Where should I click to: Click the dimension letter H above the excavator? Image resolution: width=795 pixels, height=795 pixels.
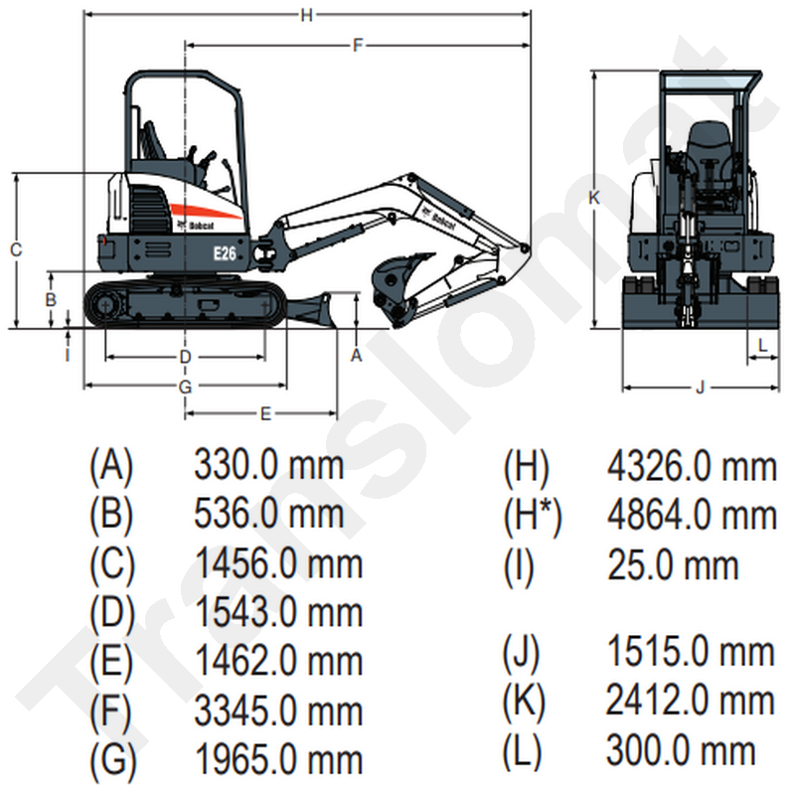pyautogui.click(x=307, y=14)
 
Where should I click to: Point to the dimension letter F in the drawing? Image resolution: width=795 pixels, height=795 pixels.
pyautogui.click(x=358, y=45)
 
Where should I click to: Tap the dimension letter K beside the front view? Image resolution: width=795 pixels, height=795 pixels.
pyautogui.click(x=593, y=198)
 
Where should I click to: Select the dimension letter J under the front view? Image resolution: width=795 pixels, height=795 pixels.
pyautogui.click(x=700, y=387)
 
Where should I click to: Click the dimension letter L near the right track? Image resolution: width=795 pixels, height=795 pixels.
pyautogui.click(x=762, y=344)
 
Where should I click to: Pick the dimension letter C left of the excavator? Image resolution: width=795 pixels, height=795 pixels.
pyautogui.click(x=16, y=250)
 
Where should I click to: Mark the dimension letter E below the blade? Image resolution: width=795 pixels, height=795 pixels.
pyautogui.click(x=265, y=413)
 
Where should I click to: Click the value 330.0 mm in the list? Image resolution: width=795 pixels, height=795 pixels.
pyautogui.click(x=268, y=464)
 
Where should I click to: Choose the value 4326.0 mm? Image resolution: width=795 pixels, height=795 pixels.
pyautogui.click(x=691, y=464)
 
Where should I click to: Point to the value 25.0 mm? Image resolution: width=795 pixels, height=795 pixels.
pyautogui.click(x=673, y=564)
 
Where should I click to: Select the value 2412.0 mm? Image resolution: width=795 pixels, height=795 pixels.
pyautogui.click(x=691, y=701)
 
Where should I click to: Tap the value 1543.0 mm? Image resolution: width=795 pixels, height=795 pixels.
pyautogui.click(x=278, y=611)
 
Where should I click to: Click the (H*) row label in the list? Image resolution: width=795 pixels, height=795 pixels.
pyautogui.click(x=533, y=515)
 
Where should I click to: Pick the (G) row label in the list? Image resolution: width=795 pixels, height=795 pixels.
pyautogui.click(x=111, y=760)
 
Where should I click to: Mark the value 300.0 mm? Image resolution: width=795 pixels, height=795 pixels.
pyautogui.click(x=681, y=749)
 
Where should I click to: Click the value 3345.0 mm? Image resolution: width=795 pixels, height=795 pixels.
pyautogui.click(x=278, y=711)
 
